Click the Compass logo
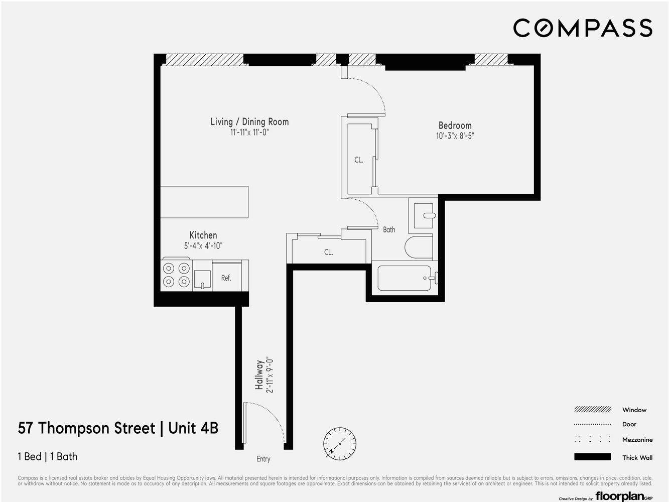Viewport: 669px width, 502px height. click(582, 28)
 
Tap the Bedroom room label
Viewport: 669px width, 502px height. click(455, 125)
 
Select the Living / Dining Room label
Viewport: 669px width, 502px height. click(249, 121)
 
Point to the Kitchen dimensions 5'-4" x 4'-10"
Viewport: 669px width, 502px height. click(203, 246)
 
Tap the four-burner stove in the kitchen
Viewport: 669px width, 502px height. click(177, 275)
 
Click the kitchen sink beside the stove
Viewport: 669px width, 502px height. click(202, 279)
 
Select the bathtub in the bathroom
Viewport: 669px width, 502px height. click(405, 278)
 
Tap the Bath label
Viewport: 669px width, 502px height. click(389, 230)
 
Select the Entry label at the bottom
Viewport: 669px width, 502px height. click(263, 459)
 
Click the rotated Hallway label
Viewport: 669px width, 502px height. click(259, 375)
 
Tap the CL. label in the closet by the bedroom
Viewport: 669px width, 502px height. click(358, 160)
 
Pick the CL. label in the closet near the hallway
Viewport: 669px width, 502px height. click(328, 252)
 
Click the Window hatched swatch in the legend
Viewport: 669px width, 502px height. click(593, 410)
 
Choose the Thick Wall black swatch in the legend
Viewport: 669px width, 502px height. click(593, 457)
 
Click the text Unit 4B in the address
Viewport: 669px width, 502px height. click(193, 428)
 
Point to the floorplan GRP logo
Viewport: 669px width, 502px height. click(624, 496)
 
